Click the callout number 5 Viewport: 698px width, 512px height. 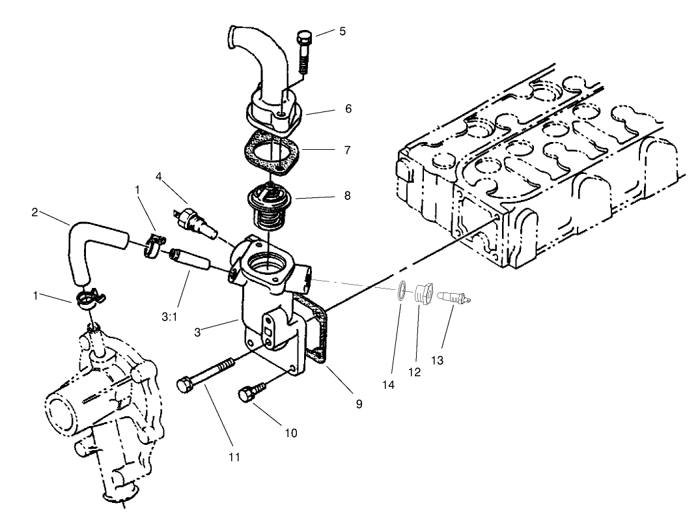[342, 31]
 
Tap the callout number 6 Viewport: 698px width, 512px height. [348, 109]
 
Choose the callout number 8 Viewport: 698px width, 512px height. [348, 195]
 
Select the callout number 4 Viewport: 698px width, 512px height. [158, 177]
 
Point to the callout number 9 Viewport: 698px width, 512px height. [359, 404]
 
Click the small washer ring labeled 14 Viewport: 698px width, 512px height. [402, 291]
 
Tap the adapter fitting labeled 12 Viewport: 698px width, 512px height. [422, 293]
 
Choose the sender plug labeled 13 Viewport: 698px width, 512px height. [453, 297]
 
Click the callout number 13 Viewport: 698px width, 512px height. [437, 360]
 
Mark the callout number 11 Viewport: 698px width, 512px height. [234, 457]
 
